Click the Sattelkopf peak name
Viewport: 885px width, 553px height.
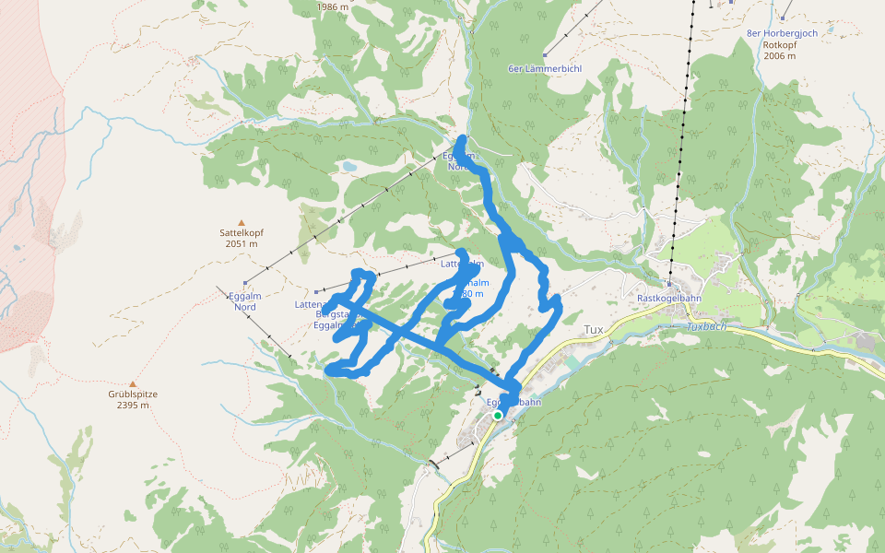[x=241, y=234]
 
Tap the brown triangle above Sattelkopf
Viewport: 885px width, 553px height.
[x=242, y=222]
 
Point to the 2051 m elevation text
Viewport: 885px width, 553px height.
[x=241, y=244]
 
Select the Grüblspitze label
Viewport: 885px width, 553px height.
[x=133, y=394]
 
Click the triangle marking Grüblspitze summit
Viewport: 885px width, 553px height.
[x=133, y=383]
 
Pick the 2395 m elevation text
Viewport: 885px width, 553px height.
[x=133, y=406]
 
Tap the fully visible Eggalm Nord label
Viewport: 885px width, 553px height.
[x=244, y=301]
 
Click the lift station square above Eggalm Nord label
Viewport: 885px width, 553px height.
[x=245, y=283]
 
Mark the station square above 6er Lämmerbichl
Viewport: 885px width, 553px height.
[x=546, y=54]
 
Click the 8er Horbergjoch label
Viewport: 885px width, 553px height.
[x=782, y=33]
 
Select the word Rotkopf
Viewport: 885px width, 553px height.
[x=780, y=44]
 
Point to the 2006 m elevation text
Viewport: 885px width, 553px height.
[x=780, y=56]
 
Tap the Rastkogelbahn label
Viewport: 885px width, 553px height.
[x=670, y=298]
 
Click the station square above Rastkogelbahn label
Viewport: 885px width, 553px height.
[x=669, y=284]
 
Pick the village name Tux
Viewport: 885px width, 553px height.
[x=594, y=329]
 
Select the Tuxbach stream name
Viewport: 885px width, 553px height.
[x=707, y=327]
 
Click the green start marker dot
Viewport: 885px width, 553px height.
[x=498, y=416]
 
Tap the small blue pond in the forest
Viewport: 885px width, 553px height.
[x=348, y=167]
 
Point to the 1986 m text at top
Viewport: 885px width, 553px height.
[x=333, y=6]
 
